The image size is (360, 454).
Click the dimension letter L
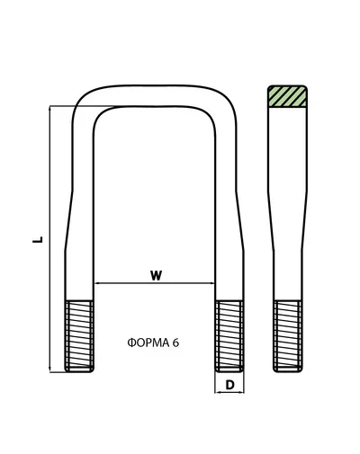click(x=38, y=239)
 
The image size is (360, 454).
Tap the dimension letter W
click(x=156, y=275)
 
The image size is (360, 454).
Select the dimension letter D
click(x=229, y=385)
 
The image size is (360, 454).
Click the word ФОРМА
click(x=148, y=343)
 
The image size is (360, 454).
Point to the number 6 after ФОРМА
click(x=175, y=343)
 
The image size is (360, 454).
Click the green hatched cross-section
click(x=287, y=96)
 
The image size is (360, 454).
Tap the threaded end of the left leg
click(x=79, y=336)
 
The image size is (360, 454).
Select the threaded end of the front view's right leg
click(x=229, y=336)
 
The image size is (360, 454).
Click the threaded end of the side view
click(x=288, y=336)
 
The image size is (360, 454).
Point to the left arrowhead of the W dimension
click(x=97, y=282)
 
